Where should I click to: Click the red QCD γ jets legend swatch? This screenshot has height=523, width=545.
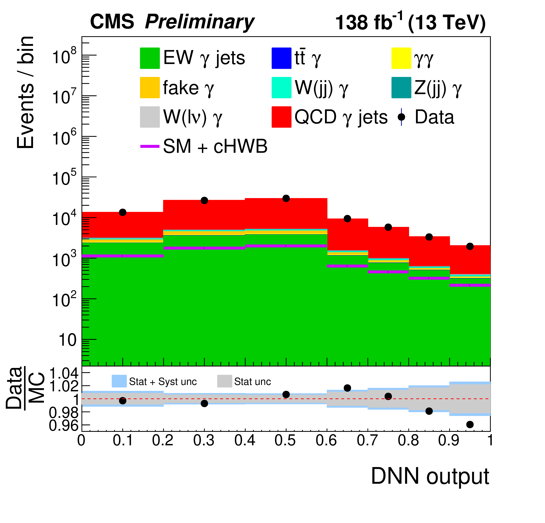281,117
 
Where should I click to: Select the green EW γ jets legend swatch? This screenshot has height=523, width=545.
150,58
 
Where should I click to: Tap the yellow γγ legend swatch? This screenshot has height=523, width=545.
401,58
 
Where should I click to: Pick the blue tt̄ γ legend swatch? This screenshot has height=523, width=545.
281,58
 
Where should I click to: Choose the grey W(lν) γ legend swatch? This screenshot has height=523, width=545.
150,117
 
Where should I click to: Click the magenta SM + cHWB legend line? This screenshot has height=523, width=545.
150,146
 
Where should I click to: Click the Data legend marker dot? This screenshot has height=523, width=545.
401,117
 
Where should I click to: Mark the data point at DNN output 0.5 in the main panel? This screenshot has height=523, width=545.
286,198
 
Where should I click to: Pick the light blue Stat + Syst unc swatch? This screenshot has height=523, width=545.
119,381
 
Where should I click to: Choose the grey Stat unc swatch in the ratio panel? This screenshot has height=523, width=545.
224,381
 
